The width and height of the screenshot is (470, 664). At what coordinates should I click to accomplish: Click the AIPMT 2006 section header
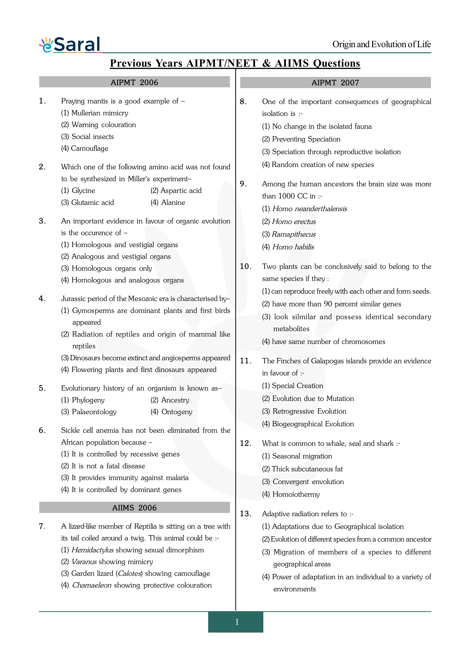[x=134, y=82]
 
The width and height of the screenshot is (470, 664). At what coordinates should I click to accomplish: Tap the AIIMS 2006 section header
[x=134, y=508]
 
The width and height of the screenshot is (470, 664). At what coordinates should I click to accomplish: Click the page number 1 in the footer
[x=237, y=622]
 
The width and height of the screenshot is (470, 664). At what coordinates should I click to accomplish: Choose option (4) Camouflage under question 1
[x=85, y=148]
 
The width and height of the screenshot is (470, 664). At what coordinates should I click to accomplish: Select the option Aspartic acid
[x=176, y=191]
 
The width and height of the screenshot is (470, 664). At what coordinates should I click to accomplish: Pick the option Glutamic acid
[x=87, y=203]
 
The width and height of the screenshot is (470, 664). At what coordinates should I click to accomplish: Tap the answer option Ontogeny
[x=171, y=412]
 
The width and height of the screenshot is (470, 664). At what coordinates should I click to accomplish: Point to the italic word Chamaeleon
[x=92, y=585]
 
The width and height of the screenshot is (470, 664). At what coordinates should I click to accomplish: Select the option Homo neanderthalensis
[x=305, y=209]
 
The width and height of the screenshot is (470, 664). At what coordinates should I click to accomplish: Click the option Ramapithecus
[x=289, y=234]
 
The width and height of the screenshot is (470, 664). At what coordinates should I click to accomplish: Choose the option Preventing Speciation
[x=301, y=139]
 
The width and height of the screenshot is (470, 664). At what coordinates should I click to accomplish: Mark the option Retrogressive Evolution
[x=304, y=411]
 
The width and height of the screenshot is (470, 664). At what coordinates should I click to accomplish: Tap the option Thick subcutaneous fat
[x=302, y=469]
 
